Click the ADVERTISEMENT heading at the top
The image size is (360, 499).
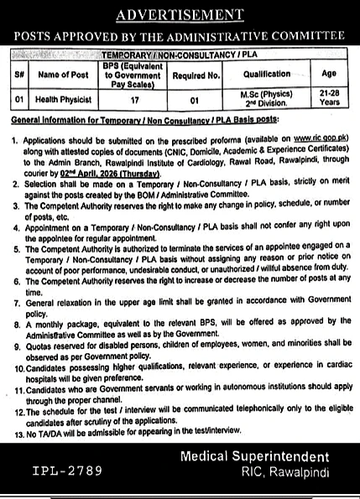pos(180,14)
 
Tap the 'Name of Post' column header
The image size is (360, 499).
pos(64,73)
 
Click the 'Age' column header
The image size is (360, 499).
pos(328,73)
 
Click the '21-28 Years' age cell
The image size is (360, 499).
pos(328,98)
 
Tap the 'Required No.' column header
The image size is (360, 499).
pos(198,73)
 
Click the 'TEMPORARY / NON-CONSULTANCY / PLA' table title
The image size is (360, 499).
pos(180,53)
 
